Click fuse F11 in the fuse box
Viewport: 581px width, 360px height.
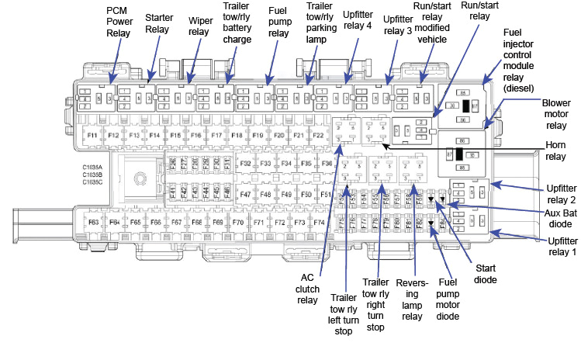click(92, 136)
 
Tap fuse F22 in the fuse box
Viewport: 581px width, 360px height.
click(317, 136)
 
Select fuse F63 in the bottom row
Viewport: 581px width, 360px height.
click(93, 223)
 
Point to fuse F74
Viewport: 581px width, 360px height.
click(319, 223)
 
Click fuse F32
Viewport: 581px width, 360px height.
click(245, 164)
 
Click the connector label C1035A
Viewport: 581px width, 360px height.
click(93, 167)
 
